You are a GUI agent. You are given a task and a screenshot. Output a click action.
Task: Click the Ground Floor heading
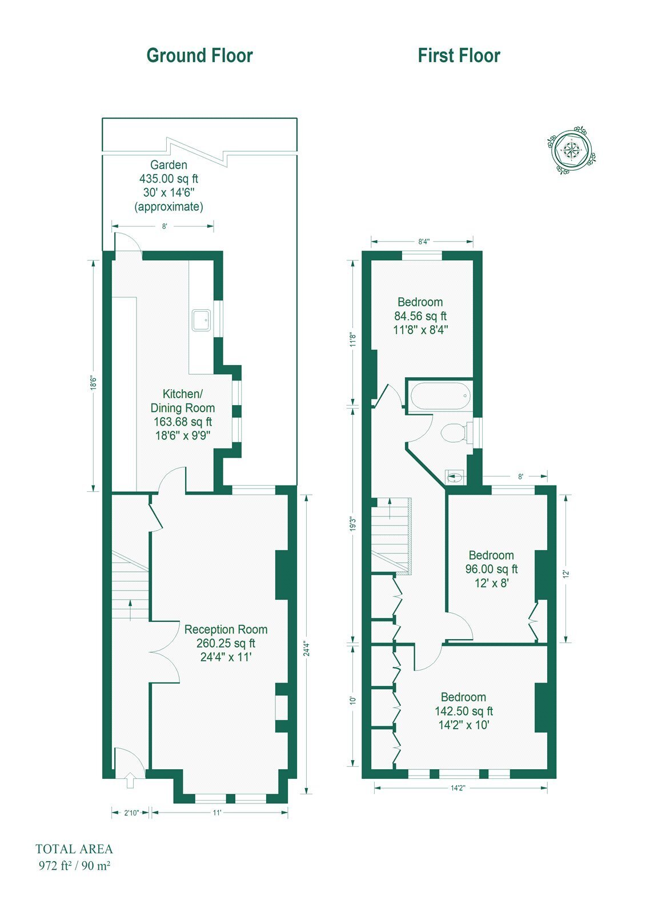click(199, 56)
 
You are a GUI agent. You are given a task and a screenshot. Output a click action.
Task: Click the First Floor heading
click(459, 56)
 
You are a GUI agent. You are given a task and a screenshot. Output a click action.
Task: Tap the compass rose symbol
click(571, 151)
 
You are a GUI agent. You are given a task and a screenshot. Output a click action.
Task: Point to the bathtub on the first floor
click(440, 395)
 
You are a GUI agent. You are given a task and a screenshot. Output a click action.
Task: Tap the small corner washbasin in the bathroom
click(455, 476)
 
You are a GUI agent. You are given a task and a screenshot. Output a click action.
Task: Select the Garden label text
click(168, 165)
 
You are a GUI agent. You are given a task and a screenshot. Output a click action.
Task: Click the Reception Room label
click(226, 629)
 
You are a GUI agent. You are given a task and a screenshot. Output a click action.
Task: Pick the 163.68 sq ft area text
click(183, 422)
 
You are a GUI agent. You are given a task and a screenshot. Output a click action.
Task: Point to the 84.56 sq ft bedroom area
click(420, 316)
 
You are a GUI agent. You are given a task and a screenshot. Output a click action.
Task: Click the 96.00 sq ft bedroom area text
click(491, 568)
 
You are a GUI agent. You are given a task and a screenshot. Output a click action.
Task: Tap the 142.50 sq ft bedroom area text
click(464, 711)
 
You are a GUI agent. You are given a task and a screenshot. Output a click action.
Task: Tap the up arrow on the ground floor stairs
click(130, 610)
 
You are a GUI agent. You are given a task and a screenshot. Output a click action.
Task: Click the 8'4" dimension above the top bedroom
click(424, 241)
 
